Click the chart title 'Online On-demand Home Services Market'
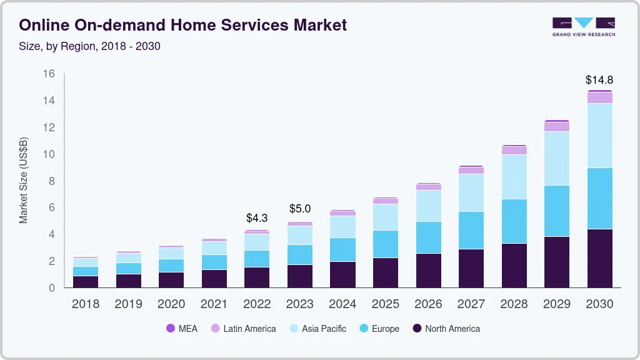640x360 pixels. click(x=182, y=25)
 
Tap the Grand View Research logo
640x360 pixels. click(x=583, y=26)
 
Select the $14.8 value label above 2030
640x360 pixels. click(x=599, y=80)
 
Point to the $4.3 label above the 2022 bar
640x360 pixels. click(x=257, y=218)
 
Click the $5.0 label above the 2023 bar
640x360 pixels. click(x=299, y=209)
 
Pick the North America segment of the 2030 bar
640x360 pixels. click(x=599, y=258)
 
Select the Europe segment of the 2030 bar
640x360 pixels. click(x=599, y=198)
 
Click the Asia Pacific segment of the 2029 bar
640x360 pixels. click(x=556, y=158)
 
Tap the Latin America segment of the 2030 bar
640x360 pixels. click(x=599, y=97)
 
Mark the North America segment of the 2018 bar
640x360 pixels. click(x=85, y=281)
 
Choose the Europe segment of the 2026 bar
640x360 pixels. click(x=428, y=237)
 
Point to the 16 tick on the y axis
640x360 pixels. click(x=49, y=74)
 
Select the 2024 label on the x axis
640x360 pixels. click(x=342, y=304)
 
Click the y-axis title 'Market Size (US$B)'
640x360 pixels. click(x=24, y=181)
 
